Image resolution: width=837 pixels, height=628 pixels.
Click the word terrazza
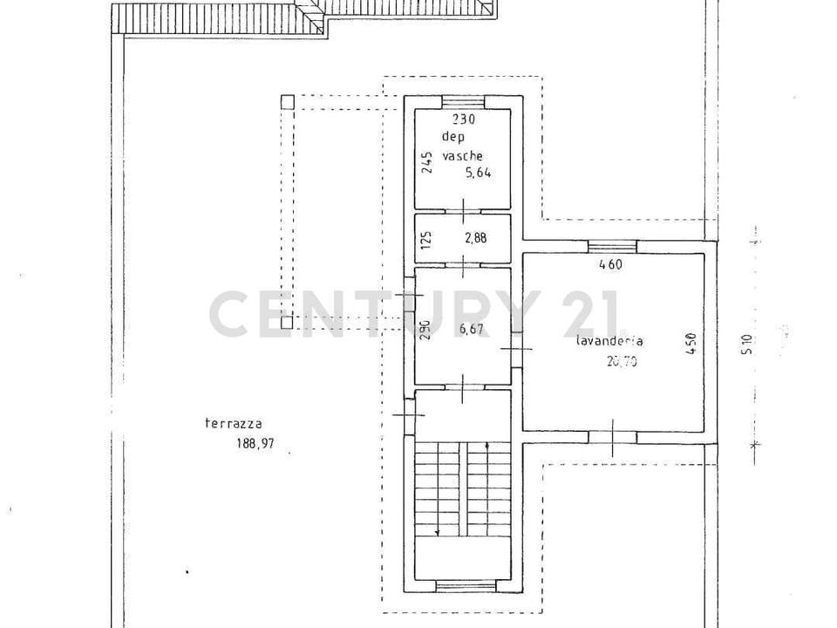(x=234, y=424)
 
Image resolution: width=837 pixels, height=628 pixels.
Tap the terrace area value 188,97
(x=255, y=443)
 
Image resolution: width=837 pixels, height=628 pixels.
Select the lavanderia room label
(x=609, y=341)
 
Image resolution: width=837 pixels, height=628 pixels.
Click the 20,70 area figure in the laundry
(x=622, y=361)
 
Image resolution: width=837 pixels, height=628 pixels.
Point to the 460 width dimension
(x=611, y=263)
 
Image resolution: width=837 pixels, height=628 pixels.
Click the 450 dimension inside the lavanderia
(x=691, y=344)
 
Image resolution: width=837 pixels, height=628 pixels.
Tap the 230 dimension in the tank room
(x=463, y=119)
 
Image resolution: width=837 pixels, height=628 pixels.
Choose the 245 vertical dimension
(x=427, y=162)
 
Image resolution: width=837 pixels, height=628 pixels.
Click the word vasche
(x=462, y=156)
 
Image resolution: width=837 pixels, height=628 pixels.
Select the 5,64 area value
(x=479, y=173)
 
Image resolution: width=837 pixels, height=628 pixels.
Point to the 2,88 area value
(x=475, y=237)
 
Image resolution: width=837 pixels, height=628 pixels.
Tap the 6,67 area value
(x=472, y=329)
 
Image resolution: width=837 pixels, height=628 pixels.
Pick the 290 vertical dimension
(x=425, y=330)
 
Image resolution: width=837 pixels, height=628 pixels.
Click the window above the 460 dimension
(x=612, y=246)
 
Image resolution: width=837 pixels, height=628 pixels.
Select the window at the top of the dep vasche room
(x=463, y=102)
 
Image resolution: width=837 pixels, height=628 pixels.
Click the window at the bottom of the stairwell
(x=463, y=586)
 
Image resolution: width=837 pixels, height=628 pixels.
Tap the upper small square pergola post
(x=287, y=102)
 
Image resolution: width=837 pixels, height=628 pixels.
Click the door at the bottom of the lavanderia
(x=612, y=437)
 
